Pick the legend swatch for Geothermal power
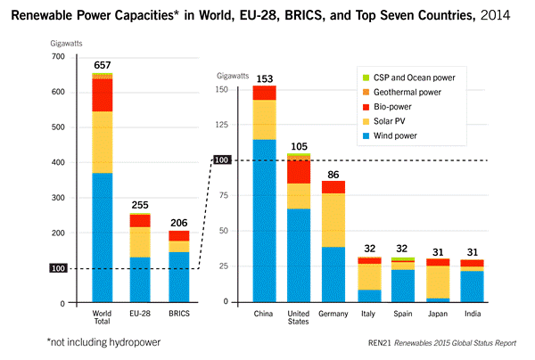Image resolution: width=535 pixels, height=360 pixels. click(364, 92)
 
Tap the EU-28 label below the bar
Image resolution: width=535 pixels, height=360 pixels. click(139, 313)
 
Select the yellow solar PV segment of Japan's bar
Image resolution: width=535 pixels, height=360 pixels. click(438, 282)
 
